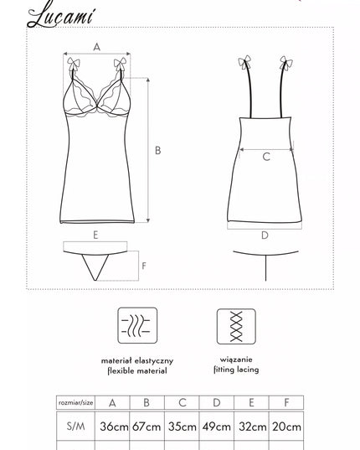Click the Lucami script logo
(60, 16)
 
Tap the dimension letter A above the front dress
(97, 47)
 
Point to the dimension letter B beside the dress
(158, 150)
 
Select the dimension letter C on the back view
(266, 157)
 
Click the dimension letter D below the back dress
(265, 235)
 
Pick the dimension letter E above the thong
(95, 235)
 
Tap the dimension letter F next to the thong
(144, 266)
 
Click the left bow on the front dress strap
(73, 64)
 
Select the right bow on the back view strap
(285, 63)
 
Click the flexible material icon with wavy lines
(137, 325)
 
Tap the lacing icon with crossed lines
(236, 326)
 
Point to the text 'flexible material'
(137, 370)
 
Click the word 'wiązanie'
(236, 359)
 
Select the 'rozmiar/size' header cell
(75, 402)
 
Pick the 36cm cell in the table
(114, 427)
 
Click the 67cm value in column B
(147, 427)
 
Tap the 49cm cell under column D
(216, 427)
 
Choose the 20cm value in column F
(286, 427)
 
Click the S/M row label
(75, 427)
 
